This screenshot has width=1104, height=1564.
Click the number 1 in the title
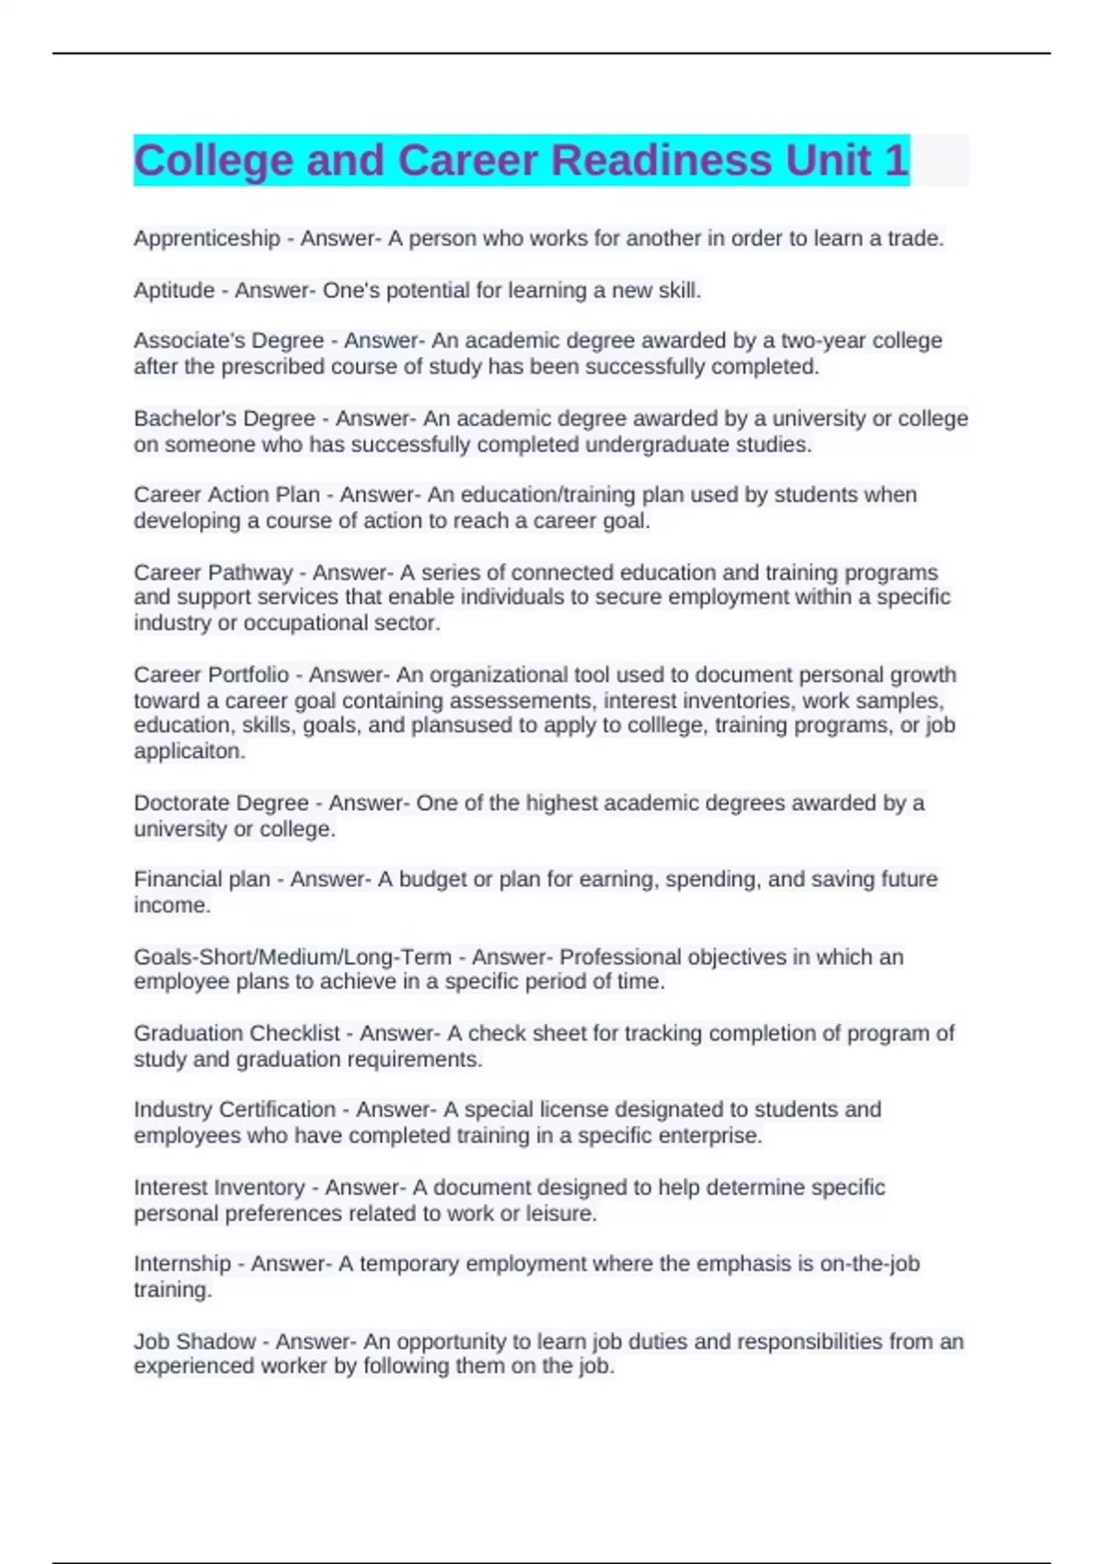(x=894, y=160)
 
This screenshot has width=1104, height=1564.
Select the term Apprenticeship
(x=206, y=238)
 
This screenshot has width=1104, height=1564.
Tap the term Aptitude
(x=174, y=290)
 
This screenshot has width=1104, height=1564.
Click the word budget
(x=432, y=880)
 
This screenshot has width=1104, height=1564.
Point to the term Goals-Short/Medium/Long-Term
(x=293, y=957)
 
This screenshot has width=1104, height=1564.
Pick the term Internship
(x=182, y=1264)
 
